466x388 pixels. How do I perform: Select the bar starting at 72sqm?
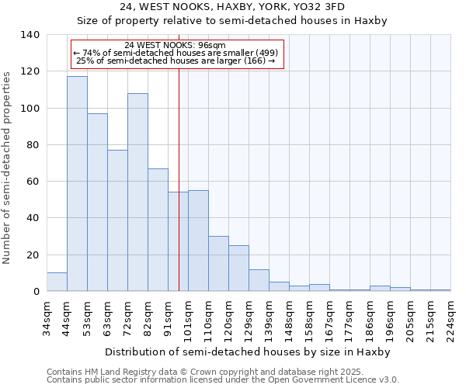[137, 192]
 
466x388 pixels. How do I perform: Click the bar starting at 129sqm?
[259, 280]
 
